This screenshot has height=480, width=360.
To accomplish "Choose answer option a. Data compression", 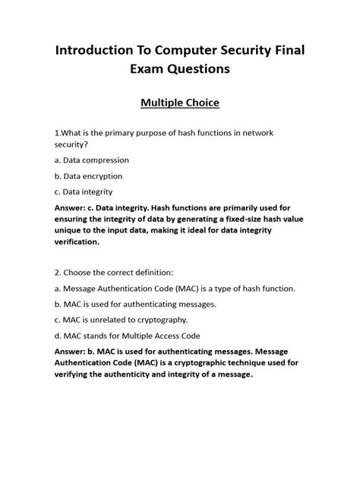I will pos(92,160).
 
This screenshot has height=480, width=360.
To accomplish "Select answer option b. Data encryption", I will pos(89,177).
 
